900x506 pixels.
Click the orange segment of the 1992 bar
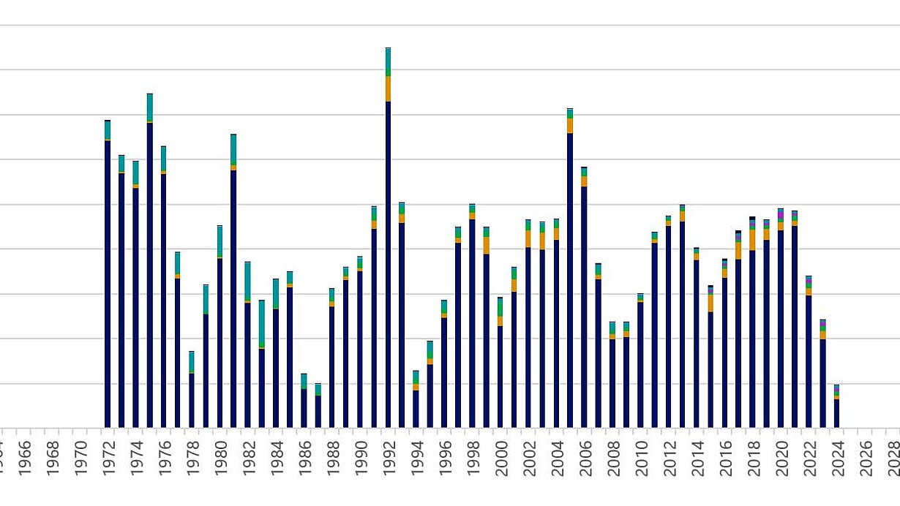388,88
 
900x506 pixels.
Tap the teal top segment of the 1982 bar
247,280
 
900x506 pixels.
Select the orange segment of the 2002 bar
528,238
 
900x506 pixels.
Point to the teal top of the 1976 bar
164,158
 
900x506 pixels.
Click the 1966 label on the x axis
25,458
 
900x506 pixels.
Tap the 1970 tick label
80,458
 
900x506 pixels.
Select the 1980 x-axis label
220,458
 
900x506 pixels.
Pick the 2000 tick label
501,458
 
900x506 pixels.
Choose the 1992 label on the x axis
389,458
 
